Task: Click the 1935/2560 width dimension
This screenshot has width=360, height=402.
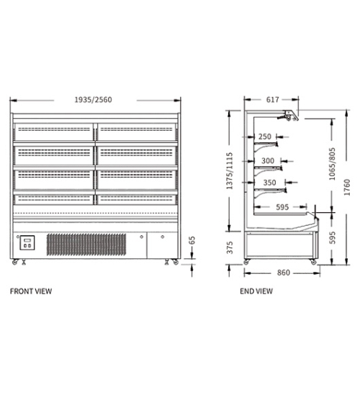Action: pyautogui.click(x=93, y=99)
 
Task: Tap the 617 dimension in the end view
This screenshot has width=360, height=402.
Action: pyautogui.click(x=272, y=99)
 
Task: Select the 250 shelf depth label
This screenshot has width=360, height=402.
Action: pyautogui.click(x=264, y=137)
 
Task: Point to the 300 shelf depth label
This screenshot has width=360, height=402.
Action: pyautogui.click(x=268, y=161)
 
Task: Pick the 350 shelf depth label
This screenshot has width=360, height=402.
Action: pyautogui.click(x=269, y=183)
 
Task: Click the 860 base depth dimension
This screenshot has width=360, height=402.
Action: pyautogui.click(x=283, y=273)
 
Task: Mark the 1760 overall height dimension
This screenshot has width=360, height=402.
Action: pyautogui.click(x=347, y=188)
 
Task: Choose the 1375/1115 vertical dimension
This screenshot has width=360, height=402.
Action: pyautogui.click(x=230, y=170)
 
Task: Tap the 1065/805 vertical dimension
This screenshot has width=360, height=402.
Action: pyautogui.click(x=332, y=164)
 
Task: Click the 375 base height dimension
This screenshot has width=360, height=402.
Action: pyautogui.click(x=230, y=247)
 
